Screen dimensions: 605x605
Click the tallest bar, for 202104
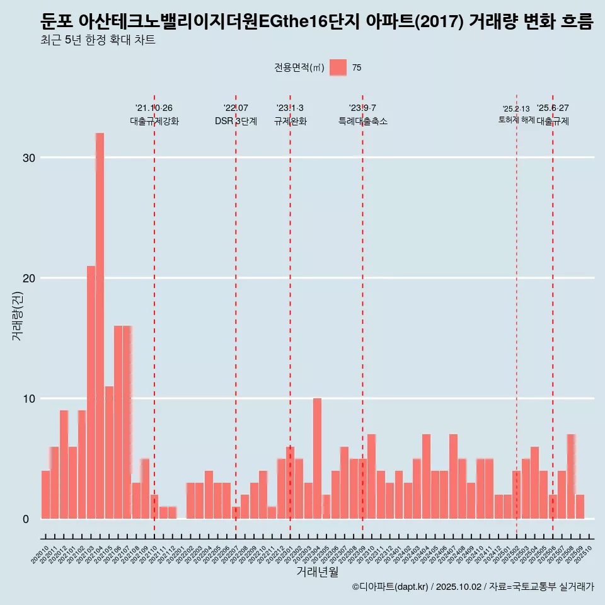pyautogui.click(x=100, y=326)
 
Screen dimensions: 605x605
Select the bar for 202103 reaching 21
pyautogui.click(x=91, y=392)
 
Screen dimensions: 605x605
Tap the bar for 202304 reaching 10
pyautogui.click(x=317, y=458)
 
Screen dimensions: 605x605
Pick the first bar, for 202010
pyautogui.click(x=45, y=495)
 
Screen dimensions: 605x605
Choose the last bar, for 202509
pyautogui.click(x=580, y=507)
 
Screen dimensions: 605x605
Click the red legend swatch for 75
pyautogui.click(x=338, y=68)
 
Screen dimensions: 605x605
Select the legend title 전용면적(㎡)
pyautogui.click(x=299, y=68)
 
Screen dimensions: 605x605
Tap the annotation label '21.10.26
pyautogui.click(x=154, y=108)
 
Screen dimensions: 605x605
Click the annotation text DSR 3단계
pyautogui.click(x=236, y=121)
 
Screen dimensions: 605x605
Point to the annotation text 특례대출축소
pyautogui.click(x=362, y=121)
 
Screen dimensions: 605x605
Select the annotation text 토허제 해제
pyautogui.click(x=516, y=120)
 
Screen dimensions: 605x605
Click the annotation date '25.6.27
pyautogui.click(x=553, y=108)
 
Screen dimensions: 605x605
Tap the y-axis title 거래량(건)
pyautogui.click(x=17, y=316)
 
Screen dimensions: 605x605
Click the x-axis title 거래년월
pyautogui.click(x=317, y=572)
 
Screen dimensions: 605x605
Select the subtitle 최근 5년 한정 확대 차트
pyautogui.click(x=97, y=41)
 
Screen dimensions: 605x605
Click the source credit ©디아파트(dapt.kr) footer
pyautogui.click(x=391, y=587)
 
